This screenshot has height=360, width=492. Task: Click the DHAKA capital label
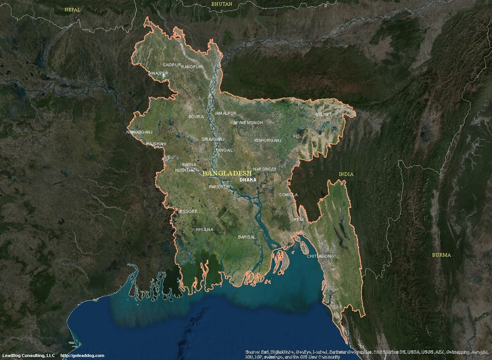pos(248,180)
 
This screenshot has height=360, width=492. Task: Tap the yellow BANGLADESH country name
pos(227,173)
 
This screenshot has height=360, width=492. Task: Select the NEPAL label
pos(72,10)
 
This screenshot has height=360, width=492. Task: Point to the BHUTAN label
pos(222,4)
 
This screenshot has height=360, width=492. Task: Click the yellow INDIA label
pos(346,174)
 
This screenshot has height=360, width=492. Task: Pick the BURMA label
pos(441,255)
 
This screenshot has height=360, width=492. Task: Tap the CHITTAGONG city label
pos(321,256)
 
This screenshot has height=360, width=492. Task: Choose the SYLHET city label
pos(324,114)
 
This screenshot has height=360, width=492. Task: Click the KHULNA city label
pos(205,229)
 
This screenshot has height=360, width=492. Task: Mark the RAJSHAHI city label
pos(156,144)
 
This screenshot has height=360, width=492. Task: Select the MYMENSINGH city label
pos(249,123)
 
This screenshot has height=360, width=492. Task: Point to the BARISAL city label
pos(247,237)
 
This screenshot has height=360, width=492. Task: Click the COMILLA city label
pos(288,195)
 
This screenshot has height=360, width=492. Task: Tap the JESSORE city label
pos(188,211)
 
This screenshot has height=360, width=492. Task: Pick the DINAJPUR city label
pos(158,73)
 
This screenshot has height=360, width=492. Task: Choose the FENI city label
pos(299,219)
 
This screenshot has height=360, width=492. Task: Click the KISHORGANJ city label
pos(268,140)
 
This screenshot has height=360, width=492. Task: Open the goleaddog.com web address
pos(82,355)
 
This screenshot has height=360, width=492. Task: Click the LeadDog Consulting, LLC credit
pos(29,355)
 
